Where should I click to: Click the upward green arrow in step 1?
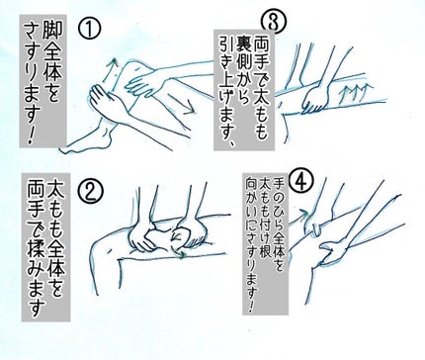(112, 66)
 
